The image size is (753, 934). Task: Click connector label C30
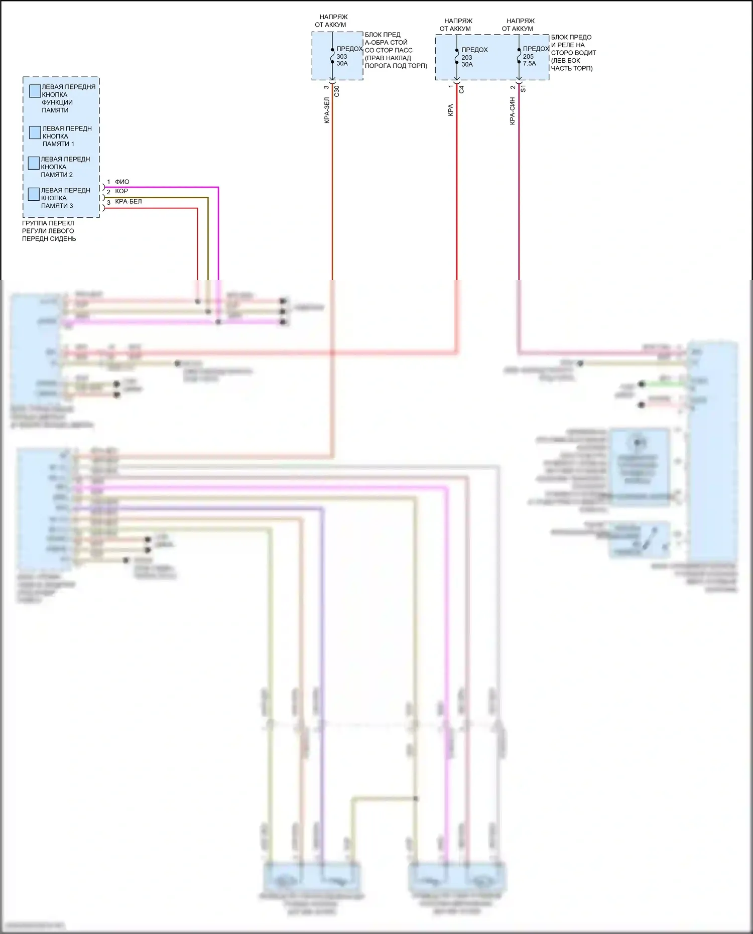tap(337, 91)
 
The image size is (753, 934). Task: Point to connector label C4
tap(461, 89)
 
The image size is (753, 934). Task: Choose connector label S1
tap(523, 88)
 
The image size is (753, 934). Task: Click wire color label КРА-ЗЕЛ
tap(327, 110)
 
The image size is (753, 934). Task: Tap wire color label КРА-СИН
tap(512, 111)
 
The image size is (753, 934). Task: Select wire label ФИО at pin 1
tap(122, 182)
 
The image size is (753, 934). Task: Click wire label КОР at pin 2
tap(121, 191)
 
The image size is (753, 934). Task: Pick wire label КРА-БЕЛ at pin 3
tap(129, 202)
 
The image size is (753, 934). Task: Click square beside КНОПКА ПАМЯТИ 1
tap(35, 132)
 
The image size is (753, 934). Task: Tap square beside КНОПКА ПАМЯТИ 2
tap(34, 163)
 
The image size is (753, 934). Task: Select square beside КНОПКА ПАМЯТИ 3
tap(34, 194)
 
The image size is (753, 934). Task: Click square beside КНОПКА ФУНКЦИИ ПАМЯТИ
tap(35, 91)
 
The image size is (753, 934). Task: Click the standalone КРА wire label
tap(450, 110)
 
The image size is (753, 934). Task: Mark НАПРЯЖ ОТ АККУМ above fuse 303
tap(331, 21)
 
